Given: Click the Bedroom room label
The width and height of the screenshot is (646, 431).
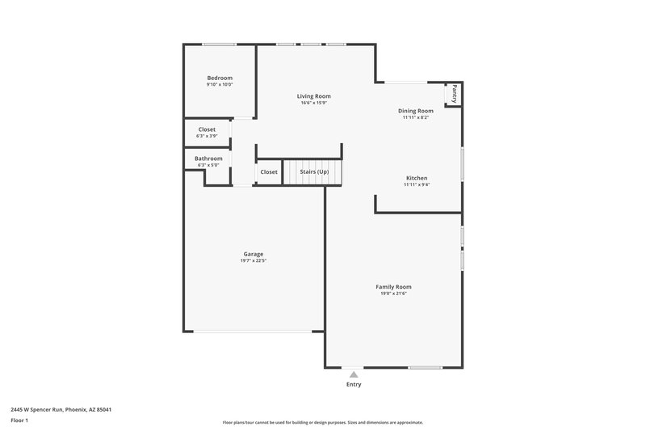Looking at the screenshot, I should click(x=220, y=78).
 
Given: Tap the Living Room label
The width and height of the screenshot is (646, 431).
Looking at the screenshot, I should click(x=314, y=96).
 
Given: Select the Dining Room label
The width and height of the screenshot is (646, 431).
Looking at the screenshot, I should click(x=416, y=111).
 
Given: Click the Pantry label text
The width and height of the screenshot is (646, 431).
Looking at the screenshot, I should click(x=455, y=93).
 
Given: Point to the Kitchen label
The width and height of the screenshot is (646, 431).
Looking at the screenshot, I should click(x=416, y=178).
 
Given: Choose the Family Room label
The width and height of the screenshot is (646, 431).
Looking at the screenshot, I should click(x=393, y=287).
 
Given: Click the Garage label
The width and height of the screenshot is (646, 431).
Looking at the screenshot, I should click(x=254, y=254).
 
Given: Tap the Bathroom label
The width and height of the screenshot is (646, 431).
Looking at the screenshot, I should click(x=208, y=158).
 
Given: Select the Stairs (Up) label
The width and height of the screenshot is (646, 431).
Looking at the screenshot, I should click(x=314, y=172).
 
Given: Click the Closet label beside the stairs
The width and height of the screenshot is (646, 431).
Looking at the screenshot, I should click(x=268, y=172).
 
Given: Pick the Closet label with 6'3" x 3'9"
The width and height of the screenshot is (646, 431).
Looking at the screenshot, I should click(x=207, y=136).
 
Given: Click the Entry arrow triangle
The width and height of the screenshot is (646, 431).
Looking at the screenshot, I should click(x=354, y=374).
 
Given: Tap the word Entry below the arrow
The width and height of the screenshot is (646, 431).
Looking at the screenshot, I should click(x=354, y=384).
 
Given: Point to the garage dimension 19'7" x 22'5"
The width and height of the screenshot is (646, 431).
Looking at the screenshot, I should click(x=254, y=261).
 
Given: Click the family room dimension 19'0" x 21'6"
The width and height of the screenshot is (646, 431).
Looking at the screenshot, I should click(x=393, y=294).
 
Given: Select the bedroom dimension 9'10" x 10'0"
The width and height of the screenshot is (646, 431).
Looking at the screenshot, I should click(x=220, y=84).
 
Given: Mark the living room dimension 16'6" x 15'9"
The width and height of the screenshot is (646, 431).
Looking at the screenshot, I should click(x=314, y=103).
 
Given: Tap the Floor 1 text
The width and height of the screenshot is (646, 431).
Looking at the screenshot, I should click(x=19, y=421).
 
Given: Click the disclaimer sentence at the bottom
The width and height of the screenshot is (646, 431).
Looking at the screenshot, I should click(x=322, y=422).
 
